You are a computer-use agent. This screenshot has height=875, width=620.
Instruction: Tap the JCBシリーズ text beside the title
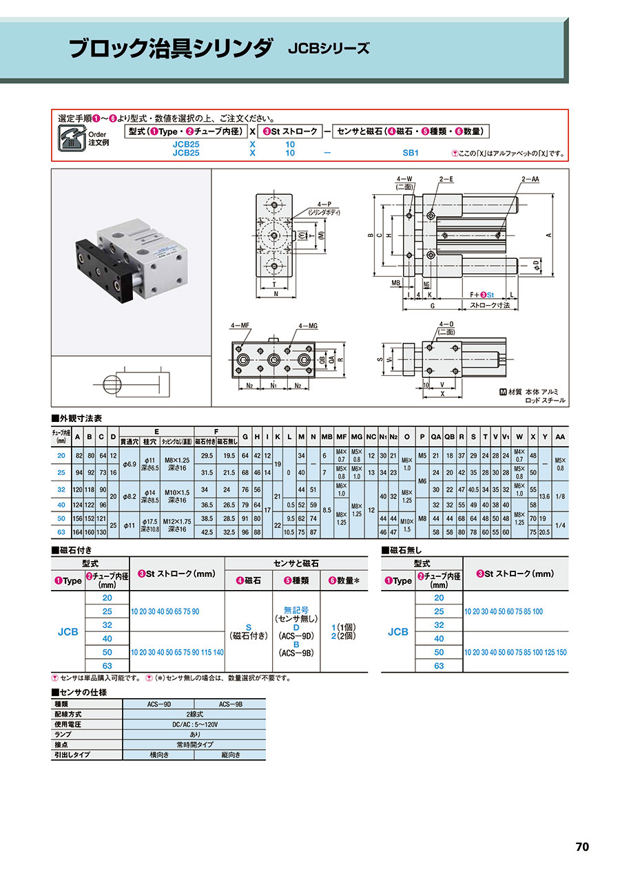329,49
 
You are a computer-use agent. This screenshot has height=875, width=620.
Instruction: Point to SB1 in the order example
411,154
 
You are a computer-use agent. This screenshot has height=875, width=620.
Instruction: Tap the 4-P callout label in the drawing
323,205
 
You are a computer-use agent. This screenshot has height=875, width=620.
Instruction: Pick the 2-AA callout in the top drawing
530,178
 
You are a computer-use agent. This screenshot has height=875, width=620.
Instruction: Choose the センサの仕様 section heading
79,692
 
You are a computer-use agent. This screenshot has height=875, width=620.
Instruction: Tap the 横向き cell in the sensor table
159,755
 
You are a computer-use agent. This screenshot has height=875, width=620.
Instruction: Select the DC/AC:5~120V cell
194,725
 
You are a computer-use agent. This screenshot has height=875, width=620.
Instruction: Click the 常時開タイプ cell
194,745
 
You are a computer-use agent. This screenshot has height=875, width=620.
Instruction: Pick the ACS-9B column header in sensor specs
230,704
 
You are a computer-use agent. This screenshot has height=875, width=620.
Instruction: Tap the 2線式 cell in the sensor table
194,715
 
